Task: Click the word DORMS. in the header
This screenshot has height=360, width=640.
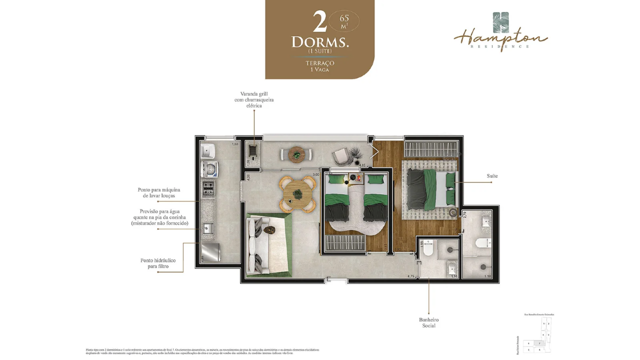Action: point(320,42)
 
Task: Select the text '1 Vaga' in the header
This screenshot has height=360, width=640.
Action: point(319,70)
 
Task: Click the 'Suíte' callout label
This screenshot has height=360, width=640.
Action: point(492,176)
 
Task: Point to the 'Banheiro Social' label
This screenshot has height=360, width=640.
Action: point(428,322)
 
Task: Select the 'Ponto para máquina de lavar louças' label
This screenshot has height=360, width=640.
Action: point(158,192)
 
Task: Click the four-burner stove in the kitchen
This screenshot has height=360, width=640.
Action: point(207,189)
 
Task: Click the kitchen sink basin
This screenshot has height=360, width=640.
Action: point(207,229)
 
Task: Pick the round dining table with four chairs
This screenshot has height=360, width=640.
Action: point(297,193)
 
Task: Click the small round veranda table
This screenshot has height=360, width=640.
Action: point(296,154)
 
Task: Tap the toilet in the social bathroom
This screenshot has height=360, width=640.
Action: point(427,251)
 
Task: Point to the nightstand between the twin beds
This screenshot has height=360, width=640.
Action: point(356,178)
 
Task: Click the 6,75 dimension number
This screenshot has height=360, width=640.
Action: point(411,276)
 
